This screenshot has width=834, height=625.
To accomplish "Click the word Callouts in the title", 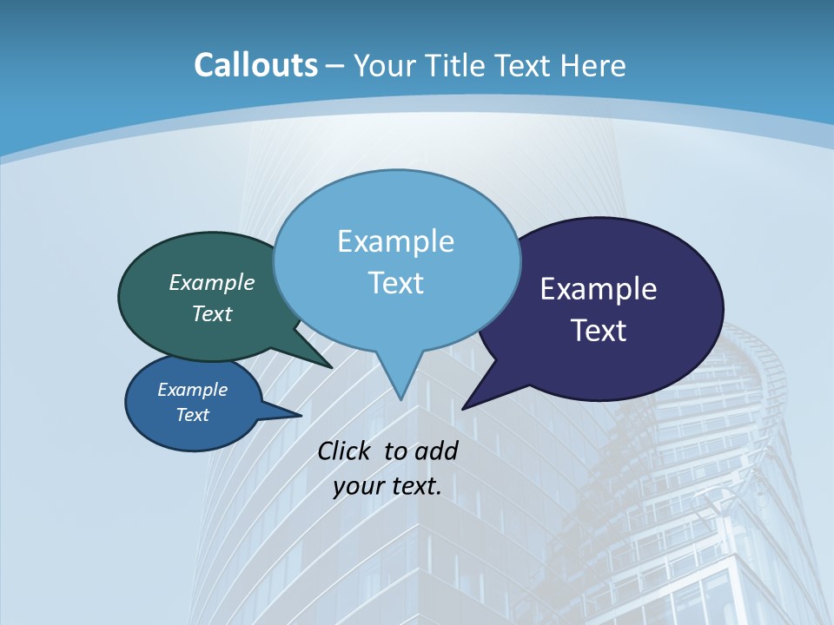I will tap(255, 65).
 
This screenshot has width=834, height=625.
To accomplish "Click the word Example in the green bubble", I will tap(211, 283).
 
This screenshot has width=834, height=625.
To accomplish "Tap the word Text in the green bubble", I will tap(211, 313).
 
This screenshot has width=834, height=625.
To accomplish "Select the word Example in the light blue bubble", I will tap(395, 241).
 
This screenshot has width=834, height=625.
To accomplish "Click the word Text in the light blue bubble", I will tap(395, 283).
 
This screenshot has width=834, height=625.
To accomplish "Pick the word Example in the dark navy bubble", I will tap(599, 289).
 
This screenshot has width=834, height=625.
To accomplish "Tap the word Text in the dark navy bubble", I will tap(599, 331).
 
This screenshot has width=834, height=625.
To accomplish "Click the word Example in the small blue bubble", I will tap(192, 390).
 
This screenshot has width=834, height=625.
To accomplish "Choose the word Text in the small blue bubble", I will tap(192, 415).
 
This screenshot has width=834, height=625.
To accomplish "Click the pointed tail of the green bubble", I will tap(330, 365).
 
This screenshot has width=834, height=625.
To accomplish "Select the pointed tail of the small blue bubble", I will tap(299, 414).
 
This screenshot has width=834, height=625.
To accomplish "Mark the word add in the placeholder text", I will tap(436, 451).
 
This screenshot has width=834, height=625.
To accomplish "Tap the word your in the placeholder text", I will tap(356, 486).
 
